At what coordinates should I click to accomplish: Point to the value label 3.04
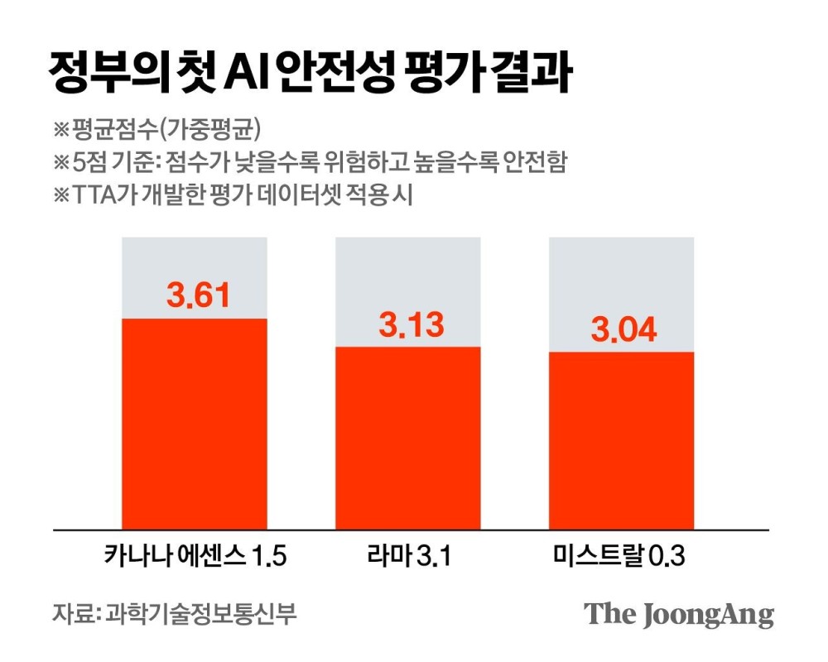click(623, 329)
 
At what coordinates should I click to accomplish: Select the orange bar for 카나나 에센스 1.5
click(195, 422)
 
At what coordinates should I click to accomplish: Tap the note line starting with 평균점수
click(157, 129)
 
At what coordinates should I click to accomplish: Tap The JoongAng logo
click(679, 615)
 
